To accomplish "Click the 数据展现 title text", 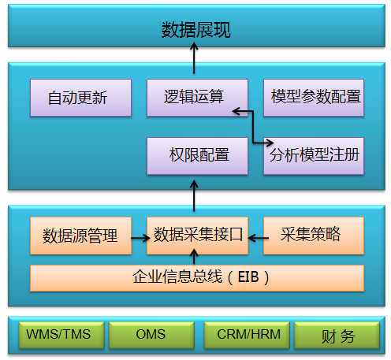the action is pyautogui.click(x=196, y=30).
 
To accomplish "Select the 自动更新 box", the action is pyautogui.click(x=80, y=98).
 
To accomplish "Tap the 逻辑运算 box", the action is pyautogui.click(x=197, y=98).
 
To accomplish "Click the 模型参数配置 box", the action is pyautogui.click(x=314, y=98).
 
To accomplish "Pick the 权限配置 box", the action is pyautogui.click(x=197, y=156).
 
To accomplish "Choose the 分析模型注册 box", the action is pyautogui.click(x=314, y=156).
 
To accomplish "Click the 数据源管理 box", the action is pyautogui.click(x=80, y=236).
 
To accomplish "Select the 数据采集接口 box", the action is pyautogui.click(x=197, y=236).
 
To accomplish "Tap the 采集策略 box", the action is pyautogui.click(x=314, y=236).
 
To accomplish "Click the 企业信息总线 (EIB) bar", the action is pyautogui.click(x=197, y=278).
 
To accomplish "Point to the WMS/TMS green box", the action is pyautogui.click(x=61, y=335).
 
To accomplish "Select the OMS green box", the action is pyautogui.click(x=151, y=335).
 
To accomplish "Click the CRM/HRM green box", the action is pyautogui.click(x=247, y=335).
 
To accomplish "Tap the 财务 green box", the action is pyautogui.click(x=337, y=335).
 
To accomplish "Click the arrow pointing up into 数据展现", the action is pyautogui.click(x=194, y=58).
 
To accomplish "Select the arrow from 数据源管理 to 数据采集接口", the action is pyautogui.click(x=140, y=238).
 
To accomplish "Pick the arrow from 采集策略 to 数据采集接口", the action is pyautogui.click(x=259, y=238).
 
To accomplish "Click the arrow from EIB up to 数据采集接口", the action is pyautogui.click(x=194, y=257).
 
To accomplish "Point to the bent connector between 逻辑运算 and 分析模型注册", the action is pyautogui.click(x=253, y=128).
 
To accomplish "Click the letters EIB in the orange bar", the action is pyautogui.click(x=248, y=277).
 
